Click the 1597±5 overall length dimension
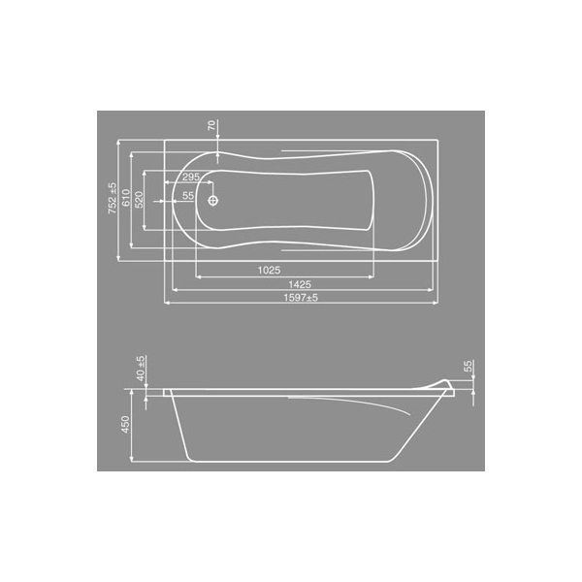[x=301, y=298]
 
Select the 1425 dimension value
[x=300, y=284]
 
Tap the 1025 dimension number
[x=269, y=271]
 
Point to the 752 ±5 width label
[x=113, y=198]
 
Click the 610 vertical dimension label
[x=126, y=198]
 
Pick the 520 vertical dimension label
[x=139, y=199]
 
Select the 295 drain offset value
[x=191, y=177]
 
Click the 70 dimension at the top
[x=211, y=125]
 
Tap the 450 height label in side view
[x=125, y=424]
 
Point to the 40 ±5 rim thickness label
[x=141, y=369]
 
